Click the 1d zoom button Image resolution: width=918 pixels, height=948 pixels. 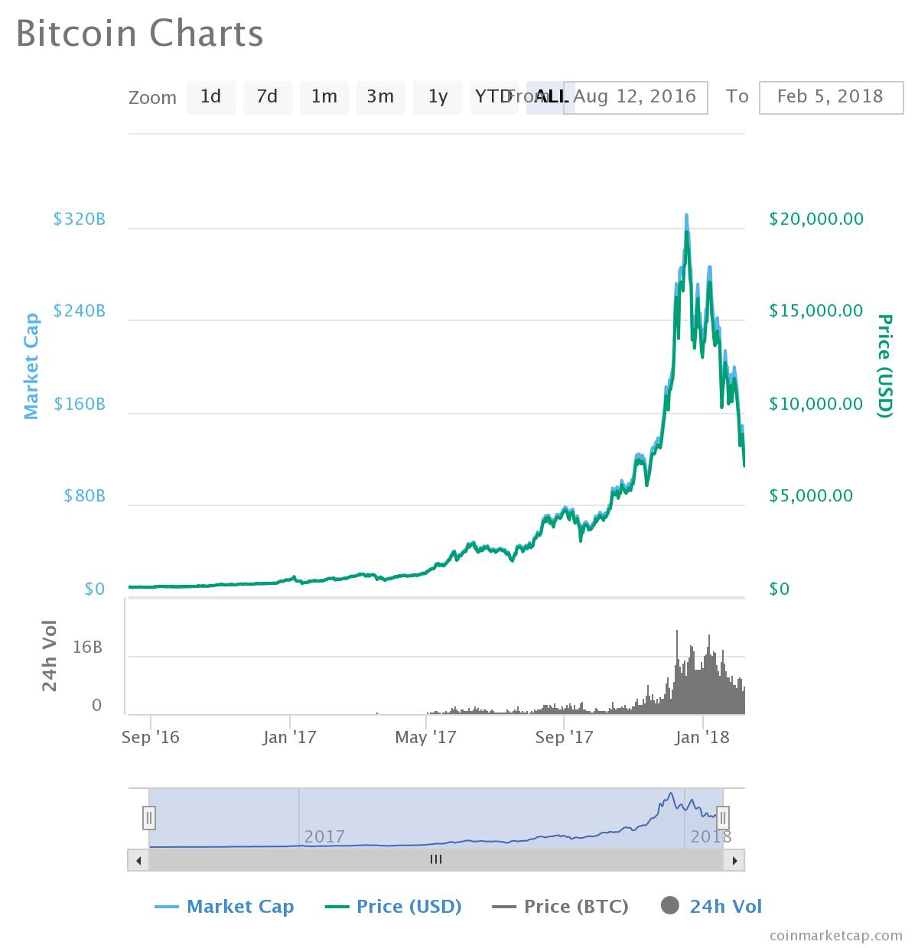[210, 97]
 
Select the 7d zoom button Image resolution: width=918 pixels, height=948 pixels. [267, 97]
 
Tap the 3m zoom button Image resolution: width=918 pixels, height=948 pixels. [380, 97]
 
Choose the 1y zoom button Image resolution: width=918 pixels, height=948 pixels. [438, 97]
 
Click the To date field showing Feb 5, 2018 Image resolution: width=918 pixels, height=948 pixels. [831, 97]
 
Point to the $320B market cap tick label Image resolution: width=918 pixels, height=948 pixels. [80, 219]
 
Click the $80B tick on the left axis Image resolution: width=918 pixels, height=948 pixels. [85, 496]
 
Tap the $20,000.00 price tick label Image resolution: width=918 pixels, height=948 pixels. [816, 219]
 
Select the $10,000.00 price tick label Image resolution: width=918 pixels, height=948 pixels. [816, 404]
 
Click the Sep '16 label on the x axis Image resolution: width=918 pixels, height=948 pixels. [151, 737]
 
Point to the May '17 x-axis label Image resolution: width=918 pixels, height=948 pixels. [425, 737]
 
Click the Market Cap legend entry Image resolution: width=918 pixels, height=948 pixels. [224, 907]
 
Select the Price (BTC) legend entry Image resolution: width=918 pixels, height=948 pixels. [561, 907]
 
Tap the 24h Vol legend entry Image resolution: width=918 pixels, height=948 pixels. [711, 907]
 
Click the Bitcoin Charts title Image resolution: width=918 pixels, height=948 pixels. [140, 34]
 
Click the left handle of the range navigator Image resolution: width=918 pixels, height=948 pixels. [149, 818]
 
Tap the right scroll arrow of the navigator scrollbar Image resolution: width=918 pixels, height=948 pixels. [734, 860]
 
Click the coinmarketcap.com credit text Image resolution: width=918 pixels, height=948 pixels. [836, 935]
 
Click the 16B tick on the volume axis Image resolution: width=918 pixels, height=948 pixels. [87, 648]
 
